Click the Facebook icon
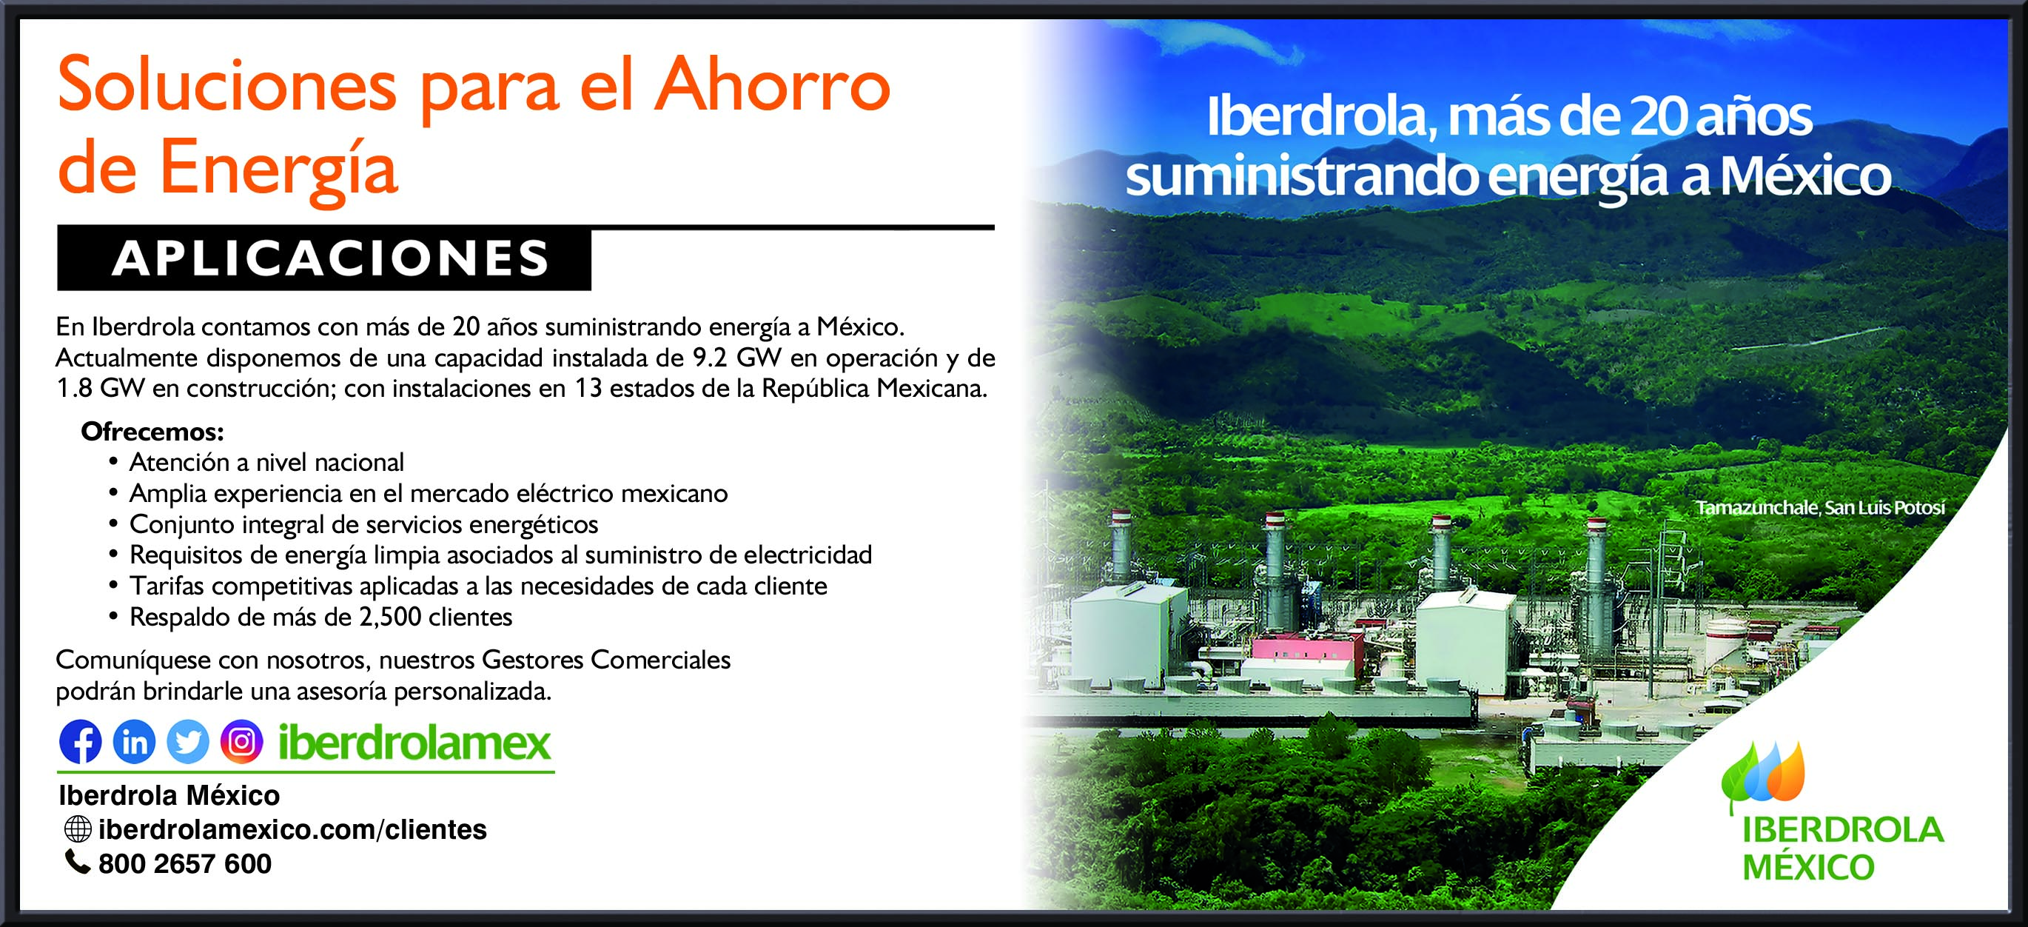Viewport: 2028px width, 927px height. [x=80, y=741]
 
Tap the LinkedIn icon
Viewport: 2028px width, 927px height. [x=134, y=741]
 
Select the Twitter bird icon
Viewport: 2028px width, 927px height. [x=187, y=741]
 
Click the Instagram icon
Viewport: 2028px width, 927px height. [x=241, y=741]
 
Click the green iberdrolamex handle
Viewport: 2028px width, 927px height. [x=415, y=742]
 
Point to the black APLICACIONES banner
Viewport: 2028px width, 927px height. [x=323, y=258]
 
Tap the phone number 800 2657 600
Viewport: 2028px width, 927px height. [x=185, y=864]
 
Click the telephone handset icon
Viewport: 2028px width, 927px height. [x=77, y=862]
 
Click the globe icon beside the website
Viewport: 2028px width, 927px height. [x=77, y=829]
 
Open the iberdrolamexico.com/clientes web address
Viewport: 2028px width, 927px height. [x=293, y=829]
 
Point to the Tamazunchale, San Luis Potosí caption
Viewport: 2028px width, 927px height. [x=1820, y=508]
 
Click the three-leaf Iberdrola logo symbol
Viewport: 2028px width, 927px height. [x=1763, y=776]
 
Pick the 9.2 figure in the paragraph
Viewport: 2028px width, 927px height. [x=709, y=358]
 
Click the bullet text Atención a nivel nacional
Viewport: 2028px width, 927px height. [x=267, y=461]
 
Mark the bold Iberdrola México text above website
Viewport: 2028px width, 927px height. [x=169, y=795]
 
